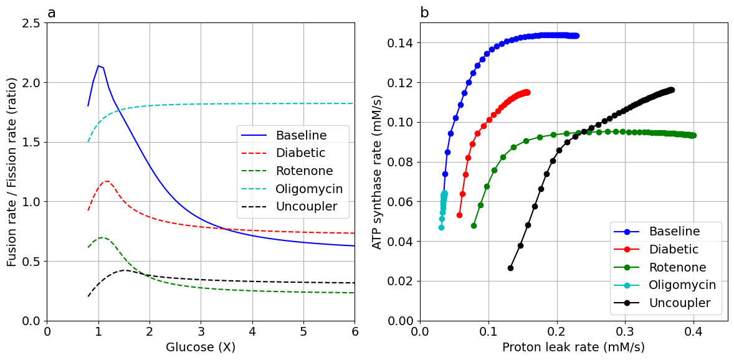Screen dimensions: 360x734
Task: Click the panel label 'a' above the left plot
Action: tap(52, 13)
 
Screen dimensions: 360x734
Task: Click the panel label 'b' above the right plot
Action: tap(424, 13)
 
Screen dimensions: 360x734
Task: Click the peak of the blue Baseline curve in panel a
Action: tap(98, 65)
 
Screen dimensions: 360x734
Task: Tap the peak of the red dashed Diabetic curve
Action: tap(108, 181)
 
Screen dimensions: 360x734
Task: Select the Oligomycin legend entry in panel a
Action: tap(309, 189)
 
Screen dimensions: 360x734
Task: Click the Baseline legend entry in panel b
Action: tap(674, 231)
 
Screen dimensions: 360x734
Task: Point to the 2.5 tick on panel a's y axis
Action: tap(30, 23)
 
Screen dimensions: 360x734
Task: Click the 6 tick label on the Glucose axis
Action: tap(355, 331)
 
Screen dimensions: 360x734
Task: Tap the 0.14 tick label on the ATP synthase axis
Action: tap(398, 43)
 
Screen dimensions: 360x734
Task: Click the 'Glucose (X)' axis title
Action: tap(201, 348)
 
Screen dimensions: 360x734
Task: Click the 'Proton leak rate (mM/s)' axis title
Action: tap(573, 348)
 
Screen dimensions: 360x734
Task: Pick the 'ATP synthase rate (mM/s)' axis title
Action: tap(378, 172)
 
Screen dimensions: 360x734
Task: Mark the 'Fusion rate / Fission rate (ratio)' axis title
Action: tap(12, 172)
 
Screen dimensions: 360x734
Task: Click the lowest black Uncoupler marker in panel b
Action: tap(510, 268)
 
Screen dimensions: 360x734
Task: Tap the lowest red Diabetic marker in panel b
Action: tap(459, 215)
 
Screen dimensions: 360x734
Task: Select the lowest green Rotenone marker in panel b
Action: tap(474, 225)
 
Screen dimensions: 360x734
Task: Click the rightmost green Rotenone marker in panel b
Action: tap(693, 135)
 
